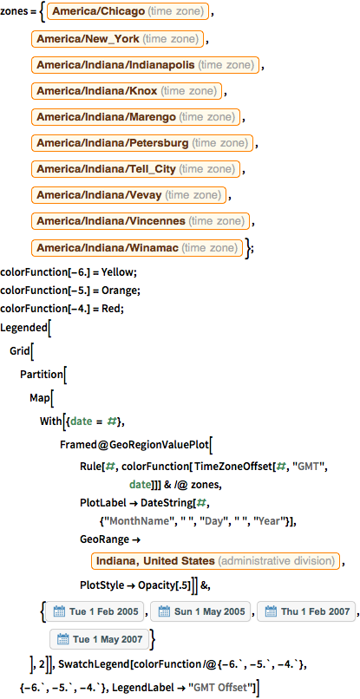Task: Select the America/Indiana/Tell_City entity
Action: (140, 168)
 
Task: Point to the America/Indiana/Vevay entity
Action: (129, 194)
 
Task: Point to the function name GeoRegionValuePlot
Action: (153, 445)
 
